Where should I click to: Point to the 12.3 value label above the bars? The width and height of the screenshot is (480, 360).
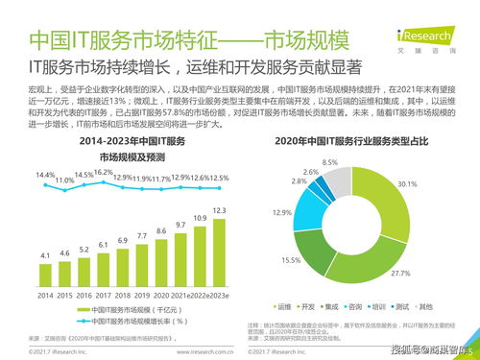click(219, 210)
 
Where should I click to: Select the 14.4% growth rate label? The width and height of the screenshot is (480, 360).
click(45, 176)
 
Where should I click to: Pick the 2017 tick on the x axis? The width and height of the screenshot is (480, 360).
click(104, 294)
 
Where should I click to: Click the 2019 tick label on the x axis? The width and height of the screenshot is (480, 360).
click(142, 294)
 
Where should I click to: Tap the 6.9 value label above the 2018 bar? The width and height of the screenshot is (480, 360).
click(123, 240)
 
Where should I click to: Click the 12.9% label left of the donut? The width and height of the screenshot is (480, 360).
click(281, 212)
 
